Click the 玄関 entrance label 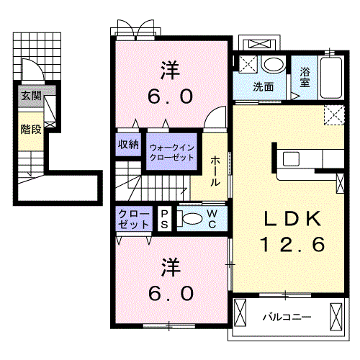coord(31,96)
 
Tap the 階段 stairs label coord(31,130)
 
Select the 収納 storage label coord(128,145)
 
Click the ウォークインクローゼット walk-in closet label coord(171,153)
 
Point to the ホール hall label coord(215,171)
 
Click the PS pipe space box coord(164,219)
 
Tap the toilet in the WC coord(190,218)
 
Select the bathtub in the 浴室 coord(331,78)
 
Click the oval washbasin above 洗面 coord(274,64)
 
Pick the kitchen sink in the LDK coord(291,158)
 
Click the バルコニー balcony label coord(287,317)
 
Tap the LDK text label coord(292,218)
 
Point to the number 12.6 coord(292,244)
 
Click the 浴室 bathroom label coord(305,77)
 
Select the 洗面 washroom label coord(264,86)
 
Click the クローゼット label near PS coord(134,219)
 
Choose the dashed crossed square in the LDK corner coord(334,115)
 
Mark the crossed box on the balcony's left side coord(240,312)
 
